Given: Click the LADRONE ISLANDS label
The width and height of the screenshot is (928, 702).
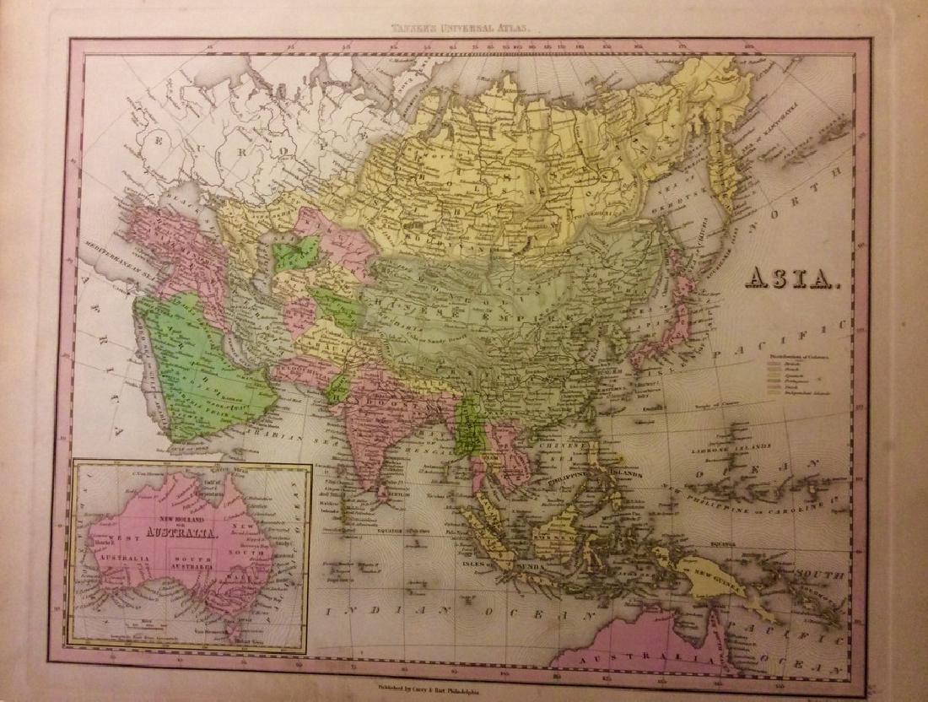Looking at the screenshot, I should (731, 447).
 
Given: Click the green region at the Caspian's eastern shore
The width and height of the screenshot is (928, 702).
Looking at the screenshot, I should (298, 252).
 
